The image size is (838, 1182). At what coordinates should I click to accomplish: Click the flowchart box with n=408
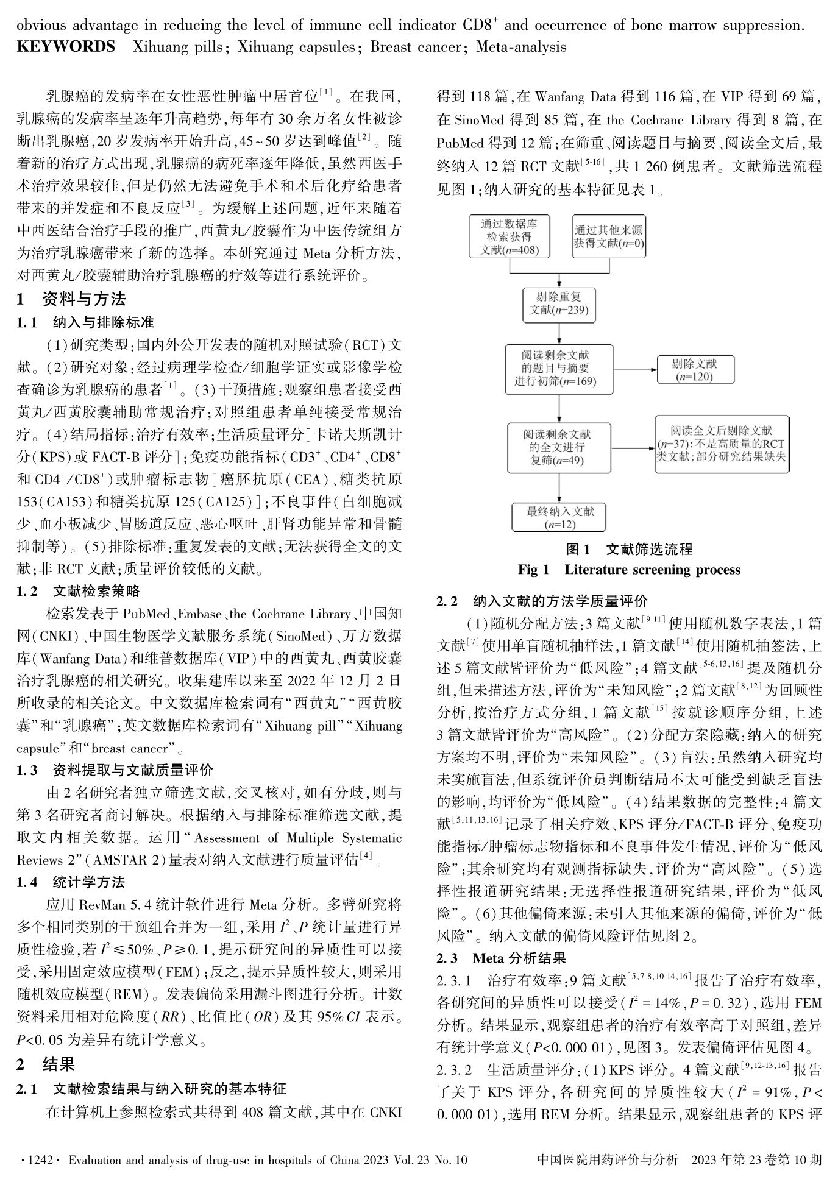point(510,236)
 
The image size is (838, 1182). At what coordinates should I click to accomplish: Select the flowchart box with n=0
point(608,236)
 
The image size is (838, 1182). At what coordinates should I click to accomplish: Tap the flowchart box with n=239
point(558,304)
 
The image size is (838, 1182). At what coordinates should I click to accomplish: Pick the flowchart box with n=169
point(559,367)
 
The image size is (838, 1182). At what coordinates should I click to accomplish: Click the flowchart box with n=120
point(694,369)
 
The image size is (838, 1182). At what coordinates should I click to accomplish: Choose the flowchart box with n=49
point(559,447)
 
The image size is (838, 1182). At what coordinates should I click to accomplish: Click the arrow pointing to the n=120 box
point(633,369)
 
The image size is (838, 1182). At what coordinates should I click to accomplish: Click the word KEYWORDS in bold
point(66,47)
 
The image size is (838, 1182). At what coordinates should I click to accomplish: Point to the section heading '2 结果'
point(46,1064)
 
